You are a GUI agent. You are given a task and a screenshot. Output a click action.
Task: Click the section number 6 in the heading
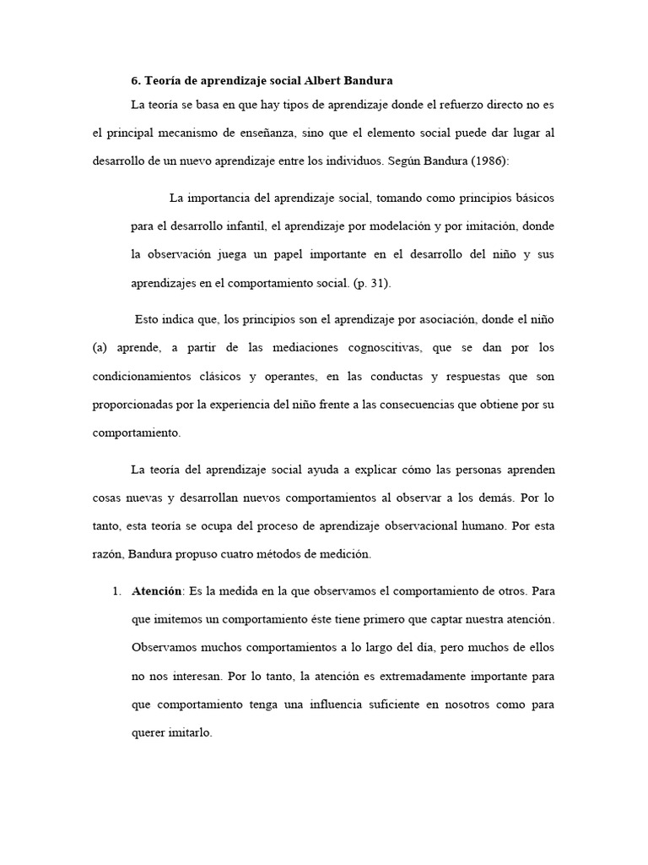(x=135, y=81)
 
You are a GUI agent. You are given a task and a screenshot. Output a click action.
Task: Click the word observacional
(x=412, y=525)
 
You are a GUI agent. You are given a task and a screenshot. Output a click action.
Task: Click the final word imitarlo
(x=188, y=733)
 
